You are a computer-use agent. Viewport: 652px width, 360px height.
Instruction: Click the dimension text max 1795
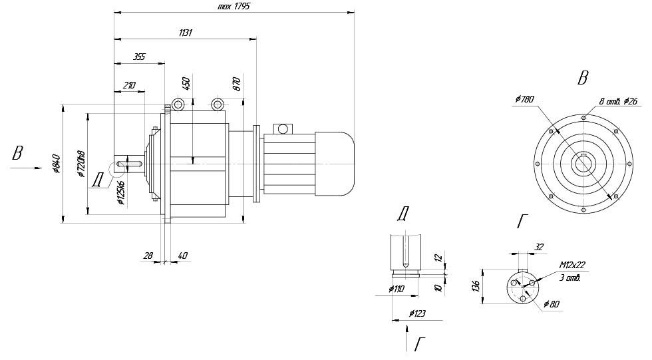click(x=233, y=6)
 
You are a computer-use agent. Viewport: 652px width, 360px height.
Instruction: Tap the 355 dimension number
click(x=139, y=57)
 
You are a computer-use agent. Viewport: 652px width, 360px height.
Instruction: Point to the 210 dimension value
click(x=129, y=85)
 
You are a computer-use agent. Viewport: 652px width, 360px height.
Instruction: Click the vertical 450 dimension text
click(x=187, y=83)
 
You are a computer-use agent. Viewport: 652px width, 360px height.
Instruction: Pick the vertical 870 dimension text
click(x=236, y=83)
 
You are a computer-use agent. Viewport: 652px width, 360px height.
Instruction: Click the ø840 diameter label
click(x=57, y=164)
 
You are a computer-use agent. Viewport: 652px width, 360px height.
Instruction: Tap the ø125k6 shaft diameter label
click(x=120, y=192)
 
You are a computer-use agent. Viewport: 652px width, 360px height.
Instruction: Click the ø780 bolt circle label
click(x=524, y=99)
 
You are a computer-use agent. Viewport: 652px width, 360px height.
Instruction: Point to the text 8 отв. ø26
click(x=619, y=101)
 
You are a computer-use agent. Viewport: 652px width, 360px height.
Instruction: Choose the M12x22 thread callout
click(x=573, y=265)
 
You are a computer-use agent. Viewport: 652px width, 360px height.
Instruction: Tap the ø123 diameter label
click(x=417, y=313)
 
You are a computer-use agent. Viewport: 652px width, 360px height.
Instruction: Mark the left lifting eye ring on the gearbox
click(x=178, y=104)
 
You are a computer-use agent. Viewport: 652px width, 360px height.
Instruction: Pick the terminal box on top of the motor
click(x=283, y=128)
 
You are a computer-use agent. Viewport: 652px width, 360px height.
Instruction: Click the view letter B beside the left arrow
click(x=17, y=154)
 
